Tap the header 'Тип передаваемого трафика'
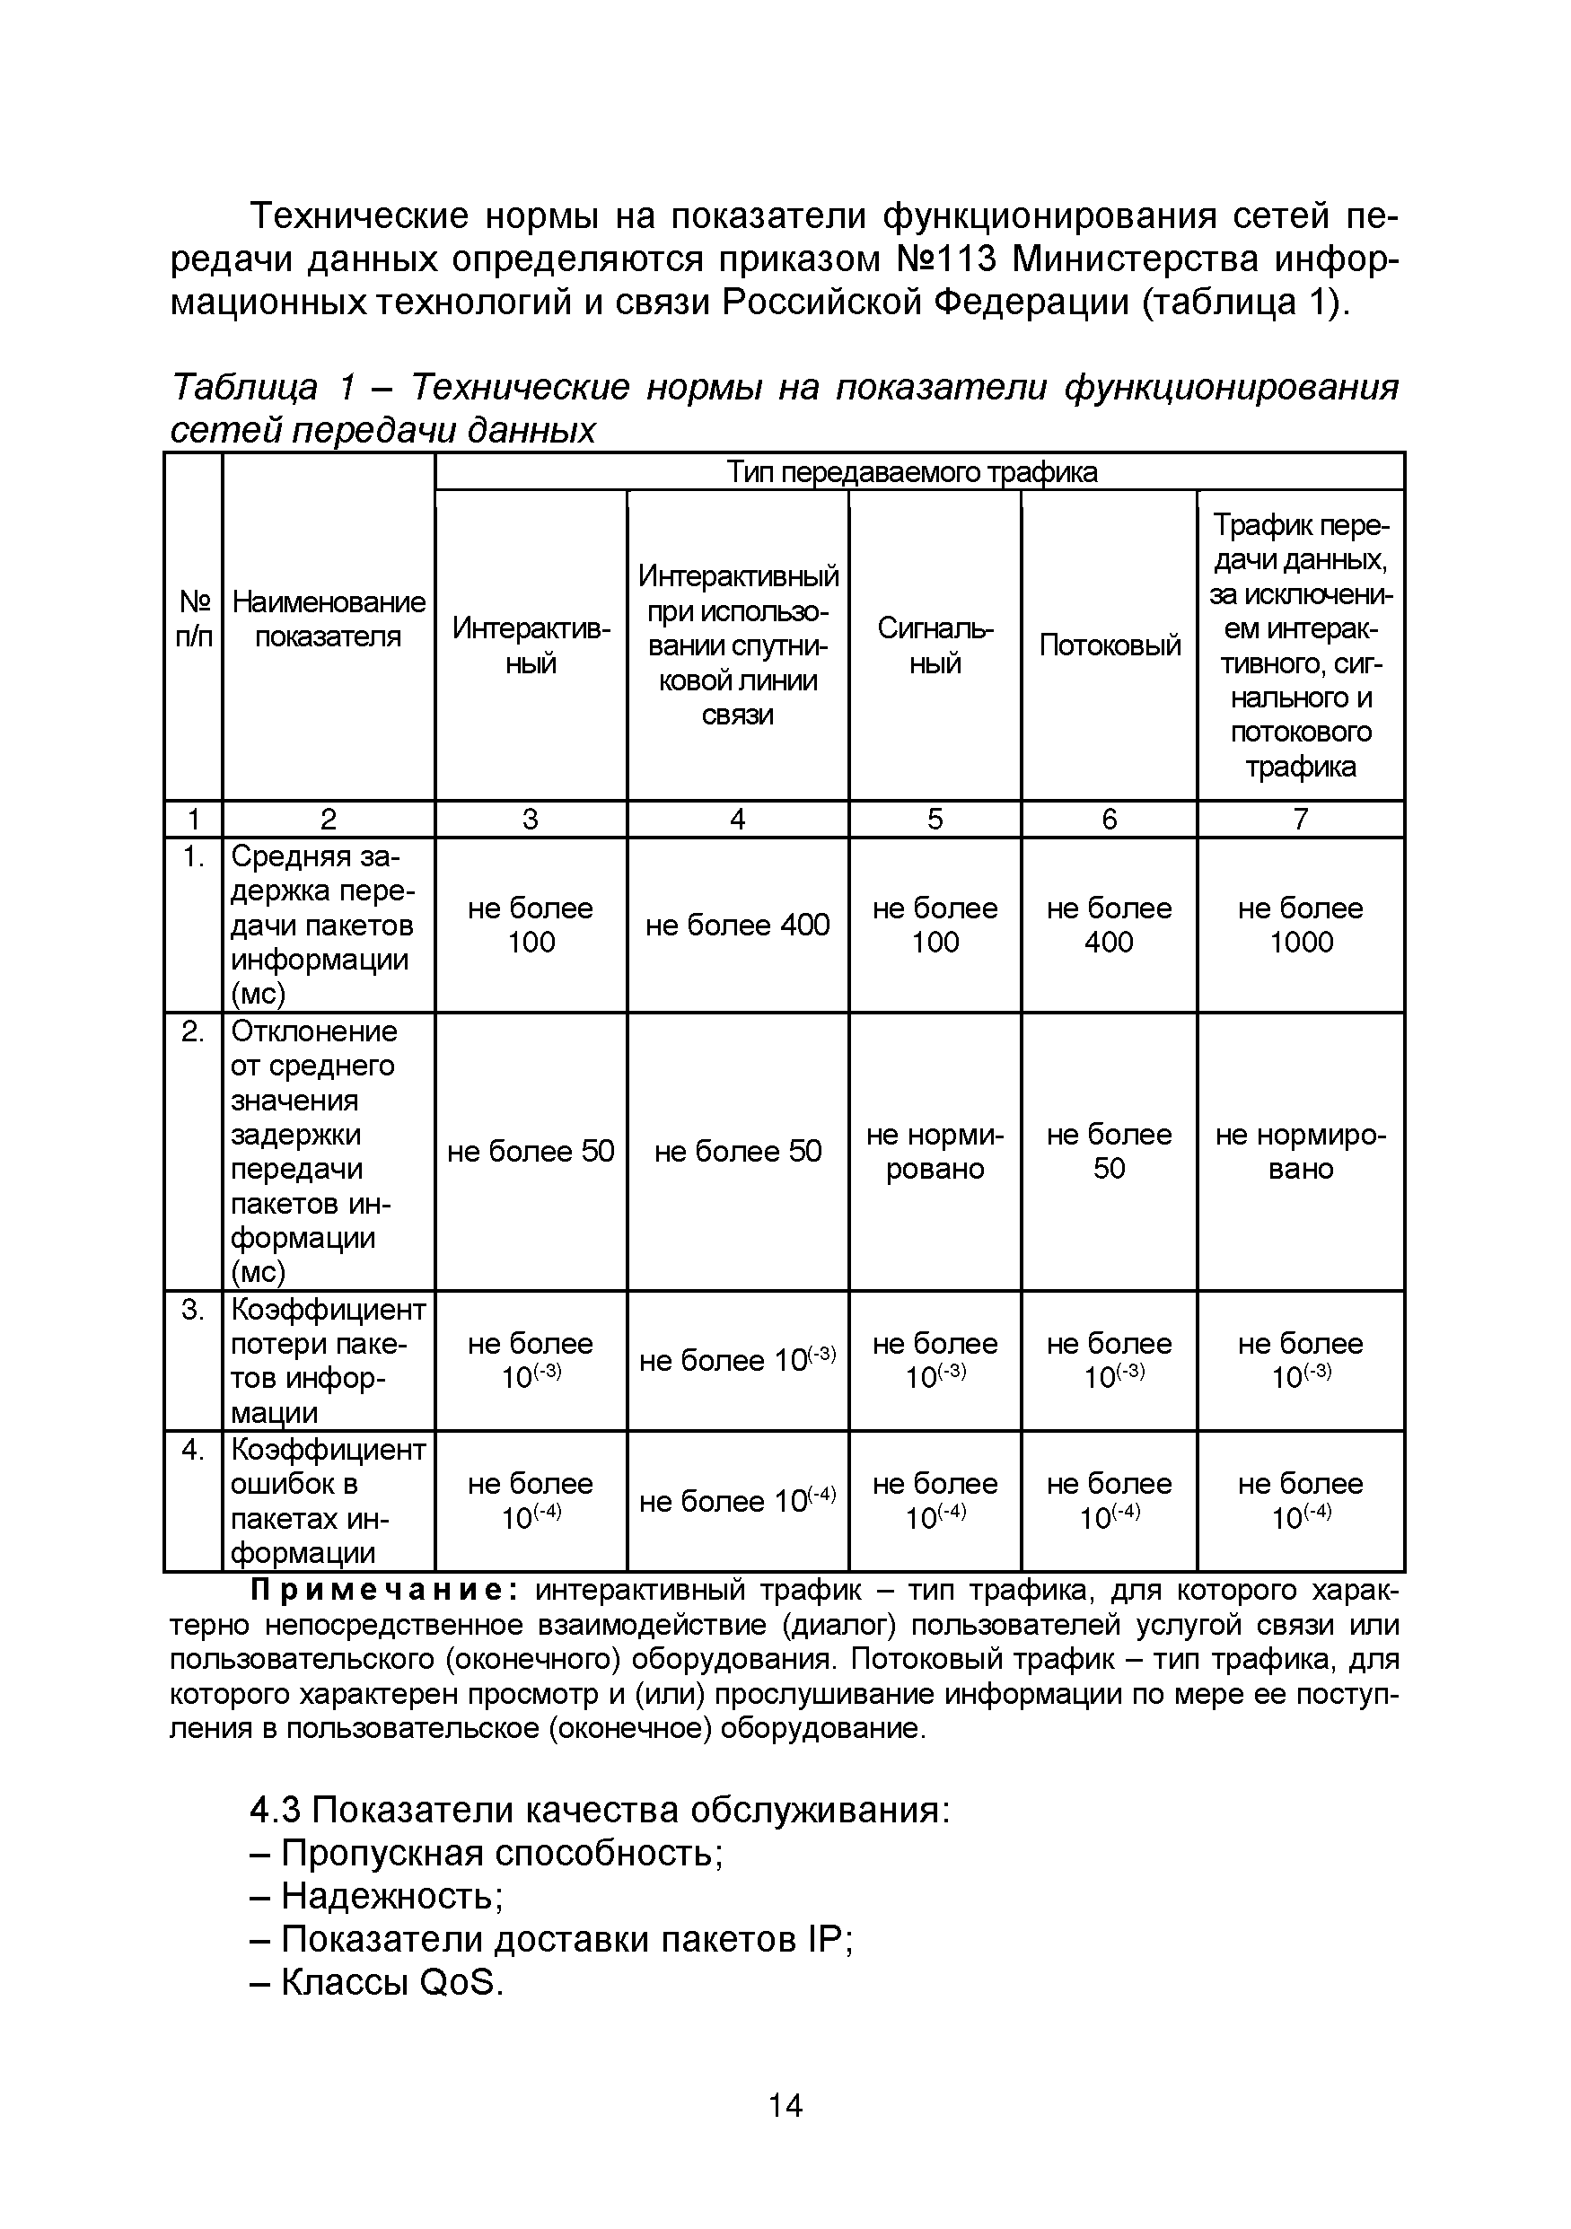[x=912, y=472]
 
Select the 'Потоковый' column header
[x=1109, y=645]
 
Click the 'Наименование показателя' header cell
[x=329, y=619]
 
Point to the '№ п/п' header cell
[x=193, y=619]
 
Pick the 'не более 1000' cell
[x=1300, y=925]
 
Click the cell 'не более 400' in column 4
[x=737, y=925]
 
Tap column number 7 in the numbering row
[x=1300, y=820]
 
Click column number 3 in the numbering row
[x=531, y=820]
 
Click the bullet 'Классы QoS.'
[x=377, y=1982]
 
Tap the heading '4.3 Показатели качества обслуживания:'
[x=599, y=1810]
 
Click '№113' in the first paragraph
[x=942, y=259]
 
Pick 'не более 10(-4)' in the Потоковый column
[x=1109, y=1500]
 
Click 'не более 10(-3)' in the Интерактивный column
[x=531, y=1360]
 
